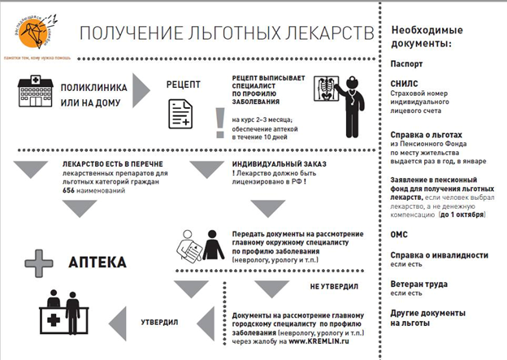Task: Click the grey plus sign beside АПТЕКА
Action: coord(37,263)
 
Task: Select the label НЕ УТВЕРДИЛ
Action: coord(331,287)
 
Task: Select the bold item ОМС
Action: coord(401,234)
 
